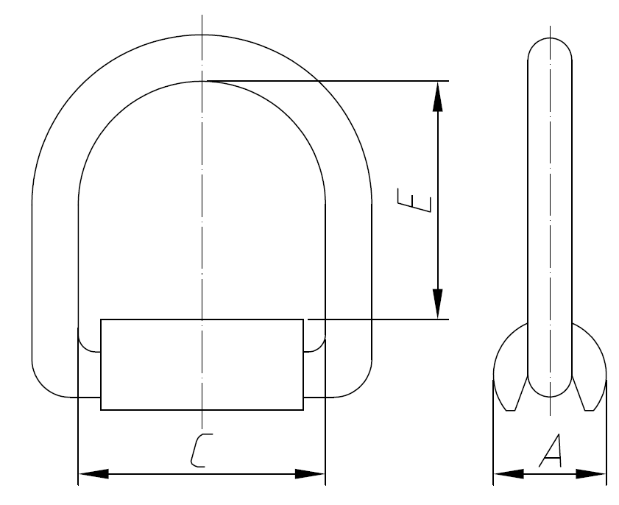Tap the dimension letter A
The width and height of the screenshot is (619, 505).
coord(551,451)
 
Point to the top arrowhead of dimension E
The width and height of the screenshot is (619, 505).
coord(438,95)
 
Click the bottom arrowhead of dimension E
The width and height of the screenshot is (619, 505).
coord(438,304)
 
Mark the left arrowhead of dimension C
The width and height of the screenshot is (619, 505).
coord(93,474)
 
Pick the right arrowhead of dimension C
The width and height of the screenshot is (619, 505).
coord(310,474)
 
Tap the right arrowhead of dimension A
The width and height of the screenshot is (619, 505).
coord(592,474)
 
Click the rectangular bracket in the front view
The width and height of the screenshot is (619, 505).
coord(202,364)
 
